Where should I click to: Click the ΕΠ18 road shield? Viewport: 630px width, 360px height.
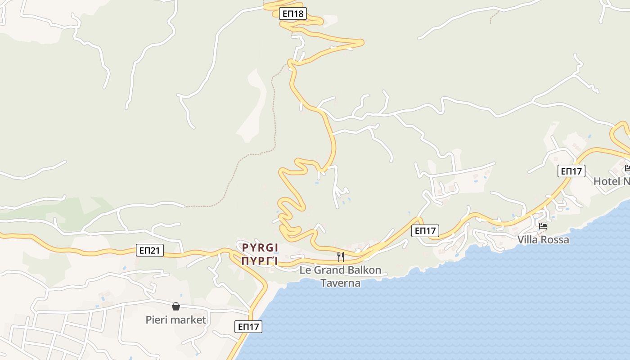pos(292,13)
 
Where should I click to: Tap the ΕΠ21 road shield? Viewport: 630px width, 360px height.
pos(149,251)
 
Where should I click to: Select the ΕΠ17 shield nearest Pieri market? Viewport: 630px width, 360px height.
pos(248,327)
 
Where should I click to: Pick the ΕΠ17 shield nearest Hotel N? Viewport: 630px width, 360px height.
pos(571,171)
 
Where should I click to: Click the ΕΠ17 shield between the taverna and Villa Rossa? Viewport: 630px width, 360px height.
pos(425,231)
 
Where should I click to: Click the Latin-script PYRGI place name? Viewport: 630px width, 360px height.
pos(260,247)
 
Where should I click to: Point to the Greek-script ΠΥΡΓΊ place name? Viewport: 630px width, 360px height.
pos(260,261)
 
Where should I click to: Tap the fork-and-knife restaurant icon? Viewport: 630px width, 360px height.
pos(341,257)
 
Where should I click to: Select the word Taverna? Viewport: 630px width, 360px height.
pos(340,283)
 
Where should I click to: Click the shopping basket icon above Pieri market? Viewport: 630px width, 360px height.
pos(176,306)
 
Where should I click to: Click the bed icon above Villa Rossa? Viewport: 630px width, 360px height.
pos(543,226)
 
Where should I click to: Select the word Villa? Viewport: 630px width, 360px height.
pos(527,240)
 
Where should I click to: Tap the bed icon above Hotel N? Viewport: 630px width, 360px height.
pos(627,169)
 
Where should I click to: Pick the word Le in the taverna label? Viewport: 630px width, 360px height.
pos(305,270)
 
